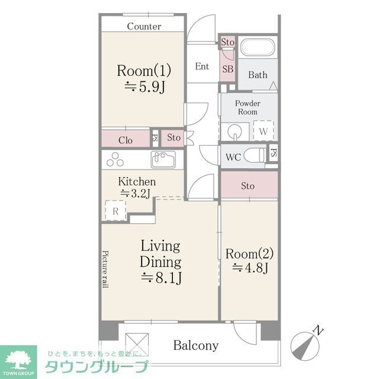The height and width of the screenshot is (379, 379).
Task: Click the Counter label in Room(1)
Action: [x=144, y=26]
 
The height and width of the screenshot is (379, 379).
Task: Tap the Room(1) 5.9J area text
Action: [x=144, y=79]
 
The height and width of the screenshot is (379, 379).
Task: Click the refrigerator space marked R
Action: [x=115, y=210]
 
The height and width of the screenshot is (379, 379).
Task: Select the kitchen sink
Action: [x=163, y=159]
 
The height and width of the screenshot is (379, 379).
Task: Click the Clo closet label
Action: [x=125, y=140]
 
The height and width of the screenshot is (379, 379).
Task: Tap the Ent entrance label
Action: [x=203, y=66]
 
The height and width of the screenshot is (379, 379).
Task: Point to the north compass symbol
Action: [x=308, y=343]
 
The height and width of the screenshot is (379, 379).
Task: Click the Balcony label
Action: [x=196, y=345]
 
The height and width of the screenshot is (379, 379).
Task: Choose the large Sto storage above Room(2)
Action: [x=248, y=186]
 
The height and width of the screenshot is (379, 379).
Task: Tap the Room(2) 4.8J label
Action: [x=249, y=261]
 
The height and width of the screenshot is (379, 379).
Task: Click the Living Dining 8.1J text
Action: [x=160, y=261]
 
